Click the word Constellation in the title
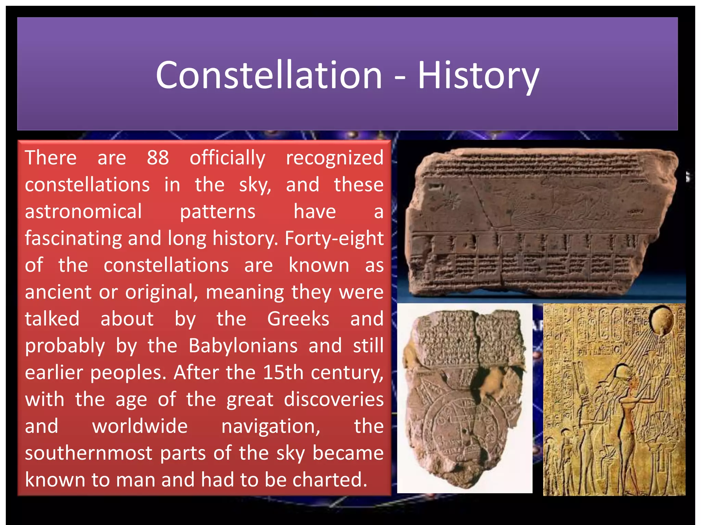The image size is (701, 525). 269,75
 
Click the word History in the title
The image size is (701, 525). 478,76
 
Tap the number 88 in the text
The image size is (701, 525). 158,158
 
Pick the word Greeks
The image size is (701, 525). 298,319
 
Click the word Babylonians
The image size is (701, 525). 243,346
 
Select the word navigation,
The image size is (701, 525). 271,427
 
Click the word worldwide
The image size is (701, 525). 140,427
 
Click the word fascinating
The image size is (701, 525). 73,239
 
